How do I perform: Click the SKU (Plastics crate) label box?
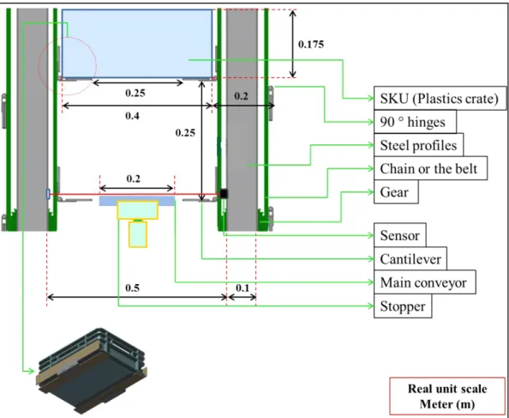pyautogui.click(x=440, y=98)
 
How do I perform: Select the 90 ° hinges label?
pyautogui.click(x=415, y=122)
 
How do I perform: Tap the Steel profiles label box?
pyautogui.click(x=418, y=145)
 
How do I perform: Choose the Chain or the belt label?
pyautogui.click(x=430, y=168)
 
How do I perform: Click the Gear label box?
pyautogui.click(x=396, y=191)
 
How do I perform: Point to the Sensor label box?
pyautogui.click(x=400, y=235)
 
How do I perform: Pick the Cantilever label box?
pyautogui.click(x=410, y=258)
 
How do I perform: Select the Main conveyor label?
pyautogui.click(x=425, y=282)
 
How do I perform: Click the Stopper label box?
pyautogui.click(x=403, y=306)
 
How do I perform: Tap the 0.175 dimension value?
pyautogui.click(x=311, y=45)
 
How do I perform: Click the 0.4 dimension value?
pyautogui.click(x=133, y=116)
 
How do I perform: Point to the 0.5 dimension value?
pyautogui.click(x=133, y=288)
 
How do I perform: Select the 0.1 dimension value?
pyautogui.click(x=243, y=288)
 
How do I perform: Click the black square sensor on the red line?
pyautogui.click(x=224, y=194)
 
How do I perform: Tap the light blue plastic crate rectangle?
pyautogui.click(x=137, y=44)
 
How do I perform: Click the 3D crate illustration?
pyautogui.click(x=93, y=370)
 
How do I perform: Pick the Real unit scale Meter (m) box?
pyautogui.click(x=447, y=397)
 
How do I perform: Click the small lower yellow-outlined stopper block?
pyautogui.click(x=138, y=234)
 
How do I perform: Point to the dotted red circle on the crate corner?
pyautogui.click(x=67, y=66)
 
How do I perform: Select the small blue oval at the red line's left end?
pyautogui.click(x=48, y=194)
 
